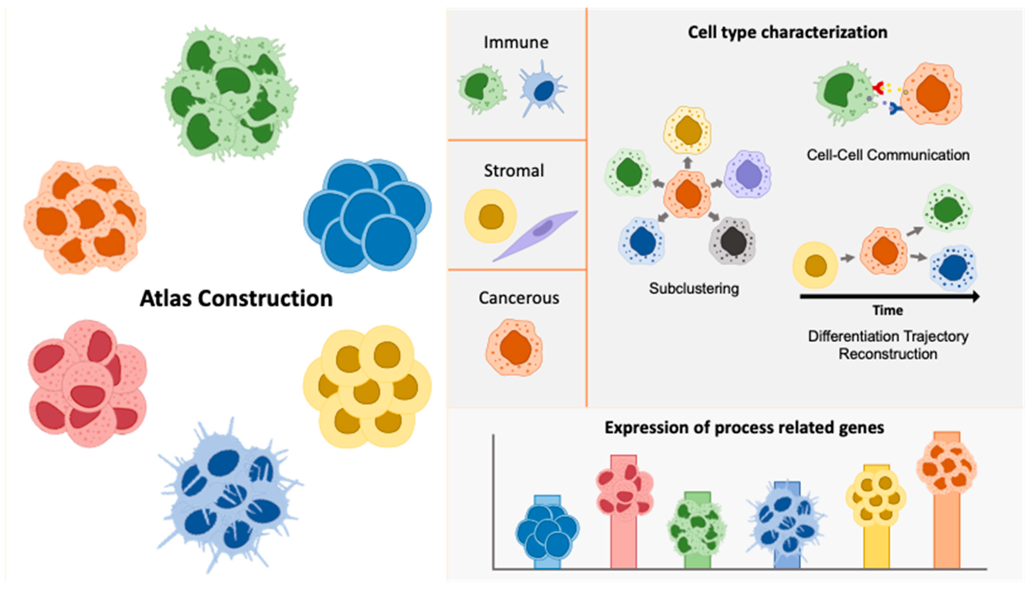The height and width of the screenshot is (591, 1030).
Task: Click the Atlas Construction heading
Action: [236, 299]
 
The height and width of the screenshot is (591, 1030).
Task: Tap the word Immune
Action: [516, 43]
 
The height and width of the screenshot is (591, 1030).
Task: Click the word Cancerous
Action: [519, 298]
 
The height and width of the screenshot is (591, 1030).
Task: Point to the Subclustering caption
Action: [694, 289]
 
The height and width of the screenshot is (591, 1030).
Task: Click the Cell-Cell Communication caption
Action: [888, 155]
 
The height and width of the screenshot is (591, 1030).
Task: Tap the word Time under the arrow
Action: [888, 311]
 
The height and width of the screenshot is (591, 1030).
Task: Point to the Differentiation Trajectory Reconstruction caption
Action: [888, 345]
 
